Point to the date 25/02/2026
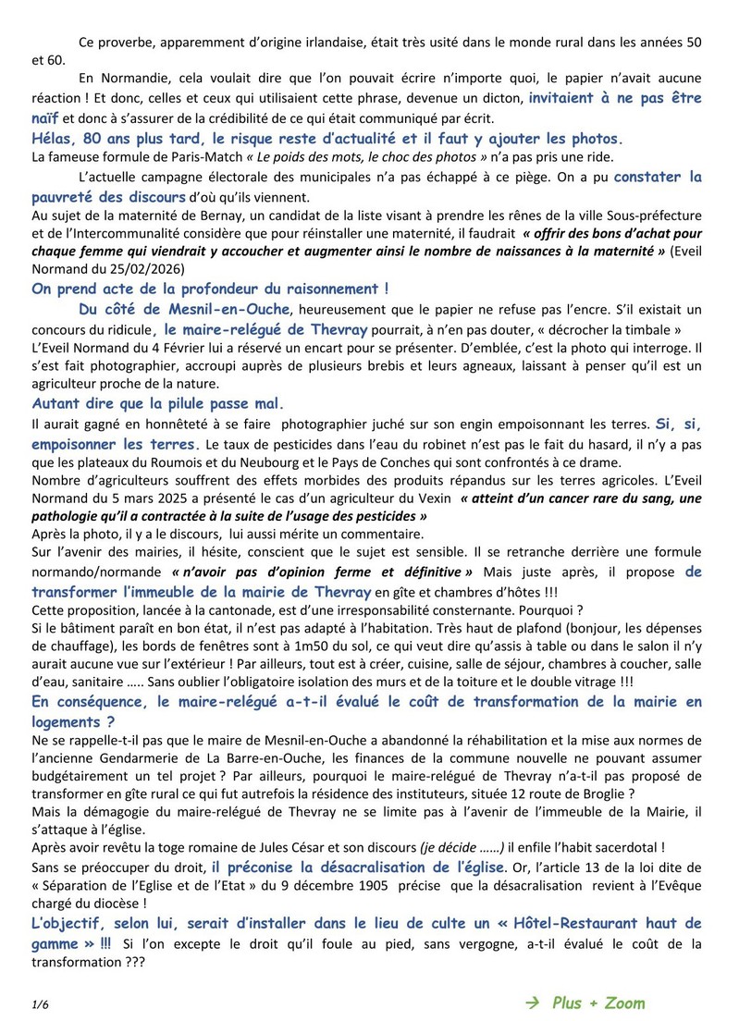coord(145,269)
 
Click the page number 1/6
coord(39,1003)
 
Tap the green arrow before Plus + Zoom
coord(531,1003)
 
